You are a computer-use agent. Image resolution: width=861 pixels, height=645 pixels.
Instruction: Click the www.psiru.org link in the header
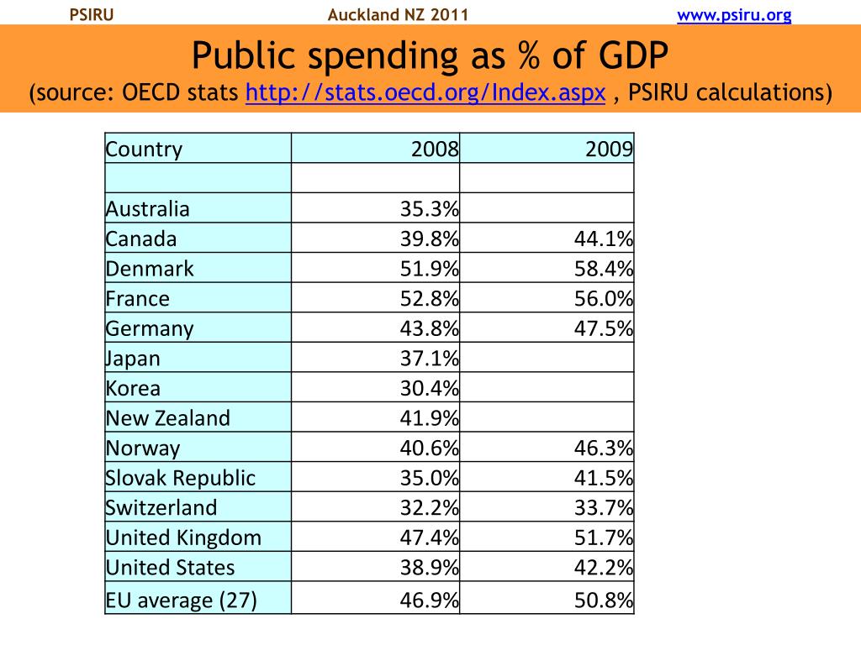(x=734, y=15)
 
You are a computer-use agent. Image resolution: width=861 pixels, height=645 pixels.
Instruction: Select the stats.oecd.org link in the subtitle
(x=425, y=92)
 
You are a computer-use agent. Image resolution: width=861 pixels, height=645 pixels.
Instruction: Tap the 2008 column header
(x=435, y=149)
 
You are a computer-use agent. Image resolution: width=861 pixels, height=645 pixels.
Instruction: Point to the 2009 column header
(x=610, y=149)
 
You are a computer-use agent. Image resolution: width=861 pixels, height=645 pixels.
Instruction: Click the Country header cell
(x=144, y=149)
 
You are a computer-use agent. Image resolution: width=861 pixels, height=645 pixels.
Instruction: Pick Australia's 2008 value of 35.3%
(x=429, y=209)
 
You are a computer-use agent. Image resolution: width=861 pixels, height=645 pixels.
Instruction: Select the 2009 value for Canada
(x=603, y=239)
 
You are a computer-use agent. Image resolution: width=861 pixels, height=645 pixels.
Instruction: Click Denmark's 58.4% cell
(x=603, y=269)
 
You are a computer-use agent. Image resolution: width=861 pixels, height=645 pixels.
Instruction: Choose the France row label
(x=138, y=299)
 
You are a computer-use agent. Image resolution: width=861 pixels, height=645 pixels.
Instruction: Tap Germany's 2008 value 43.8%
(x=429, y=328)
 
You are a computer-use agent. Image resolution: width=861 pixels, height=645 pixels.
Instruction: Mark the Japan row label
(x=133, y=359)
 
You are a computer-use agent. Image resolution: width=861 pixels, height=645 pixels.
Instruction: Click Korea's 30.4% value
(x=429, y=389)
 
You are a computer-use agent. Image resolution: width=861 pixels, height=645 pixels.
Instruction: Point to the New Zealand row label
(x=168, y=418)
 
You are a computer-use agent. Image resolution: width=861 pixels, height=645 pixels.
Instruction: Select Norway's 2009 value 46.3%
(x=603, y=448)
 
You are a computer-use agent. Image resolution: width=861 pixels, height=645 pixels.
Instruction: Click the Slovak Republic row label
(x=181, y=478)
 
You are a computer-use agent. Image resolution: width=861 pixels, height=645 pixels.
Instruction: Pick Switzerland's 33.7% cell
(x=603, y=508)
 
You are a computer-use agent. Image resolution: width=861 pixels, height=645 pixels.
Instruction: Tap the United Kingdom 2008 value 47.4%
(x=429, y=537)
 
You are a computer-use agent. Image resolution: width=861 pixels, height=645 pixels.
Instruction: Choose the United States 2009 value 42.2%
(x=603, y=568)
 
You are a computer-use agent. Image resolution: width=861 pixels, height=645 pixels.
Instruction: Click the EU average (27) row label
(x=182, y=600)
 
